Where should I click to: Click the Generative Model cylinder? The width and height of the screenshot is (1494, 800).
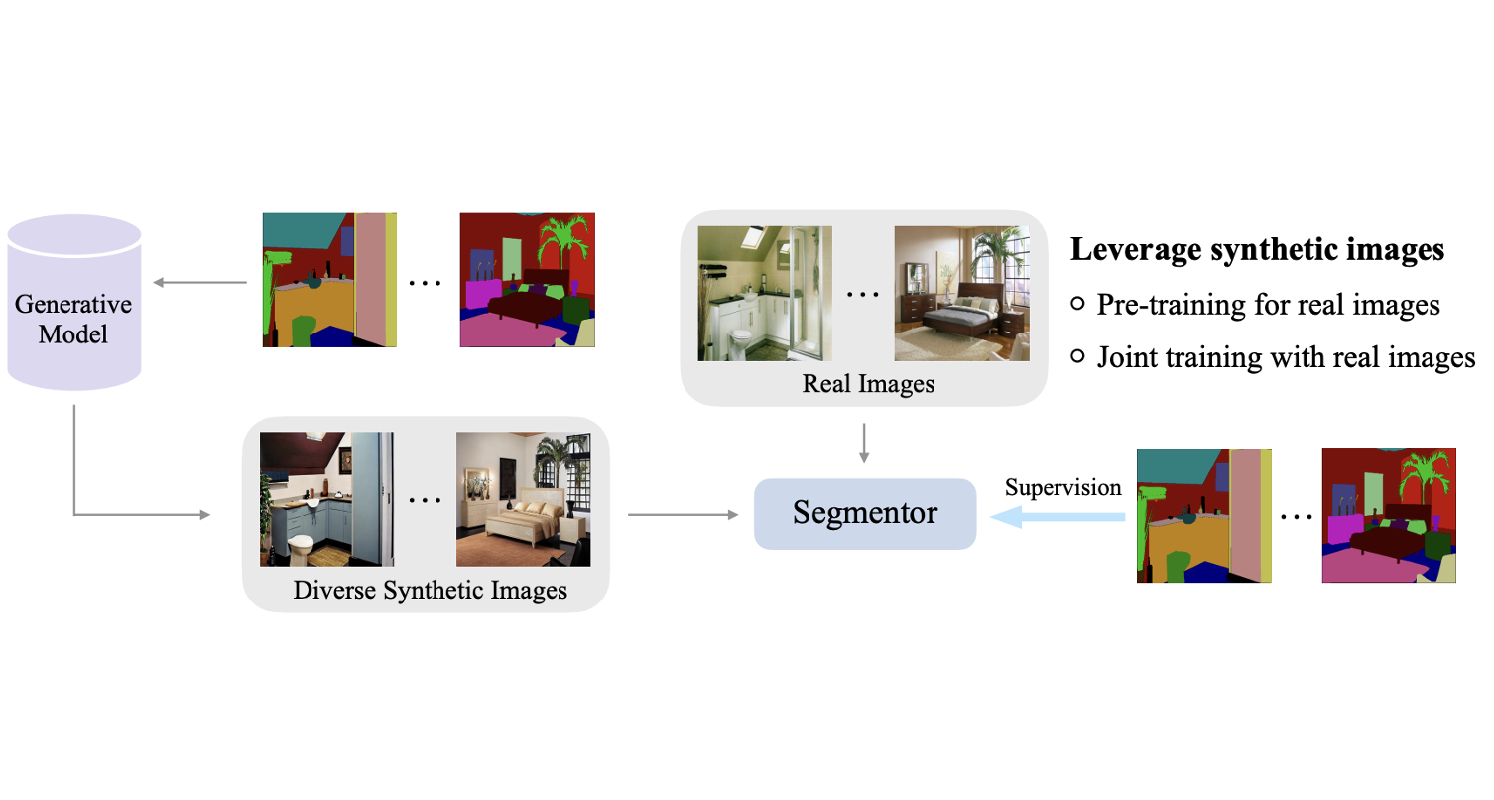pos(73,303)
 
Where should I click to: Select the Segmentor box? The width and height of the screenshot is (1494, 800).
pos(864,513)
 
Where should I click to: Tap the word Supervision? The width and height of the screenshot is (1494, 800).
pos(1062,487)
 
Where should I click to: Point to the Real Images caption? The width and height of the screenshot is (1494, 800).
pos(868,383)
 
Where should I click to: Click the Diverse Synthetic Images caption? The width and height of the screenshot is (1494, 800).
pos(430,590)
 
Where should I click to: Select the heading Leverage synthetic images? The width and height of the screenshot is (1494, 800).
pos(1257,250)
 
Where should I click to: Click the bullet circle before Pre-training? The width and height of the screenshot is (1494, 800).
pos(1078,305)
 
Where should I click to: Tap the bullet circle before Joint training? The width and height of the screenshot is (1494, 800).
pos(1078,357)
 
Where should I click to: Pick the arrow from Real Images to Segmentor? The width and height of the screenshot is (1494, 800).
pos(864,442)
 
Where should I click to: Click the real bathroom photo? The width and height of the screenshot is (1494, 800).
pos(764,294)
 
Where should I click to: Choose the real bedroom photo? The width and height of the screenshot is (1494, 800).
pos(960,294)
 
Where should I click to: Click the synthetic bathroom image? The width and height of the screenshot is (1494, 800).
pos(326,499)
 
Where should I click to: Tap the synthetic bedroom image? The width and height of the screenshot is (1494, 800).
pos(523,499)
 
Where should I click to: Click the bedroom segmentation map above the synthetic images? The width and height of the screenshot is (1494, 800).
pos(527,280)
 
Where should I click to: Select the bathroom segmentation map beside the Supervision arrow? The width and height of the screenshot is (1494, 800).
pos(1202,515)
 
